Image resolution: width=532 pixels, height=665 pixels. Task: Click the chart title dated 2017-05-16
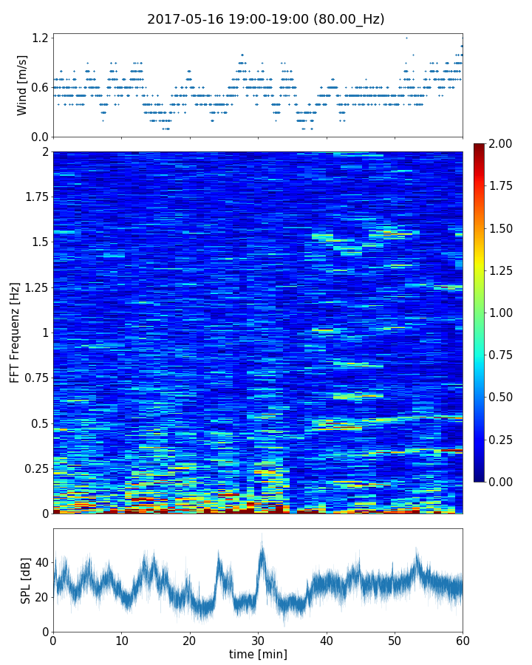(266, 19)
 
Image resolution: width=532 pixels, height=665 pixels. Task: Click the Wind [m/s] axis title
(22, 85)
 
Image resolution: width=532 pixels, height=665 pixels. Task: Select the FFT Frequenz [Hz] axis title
(15, 332)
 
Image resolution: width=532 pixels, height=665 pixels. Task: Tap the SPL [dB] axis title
(26, 580)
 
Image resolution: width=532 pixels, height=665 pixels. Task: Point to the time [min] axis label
(258, 654)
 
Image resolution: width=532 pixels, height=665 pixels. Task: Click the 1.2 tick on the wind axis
(40, 38)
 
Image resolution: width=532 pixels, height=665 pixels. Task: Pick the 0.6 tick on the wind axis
(40, 87)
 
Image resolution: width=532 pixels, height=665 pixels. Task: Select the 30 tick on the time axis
(258, 640)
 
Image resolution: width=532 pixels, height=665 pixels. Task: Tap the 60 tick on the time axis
(463, 640)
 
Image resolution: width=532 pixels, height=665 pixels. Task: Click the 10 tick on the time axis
(121, 640)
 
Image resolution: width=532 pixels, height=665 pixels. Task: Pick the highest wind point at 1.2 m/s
(406, 38)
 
